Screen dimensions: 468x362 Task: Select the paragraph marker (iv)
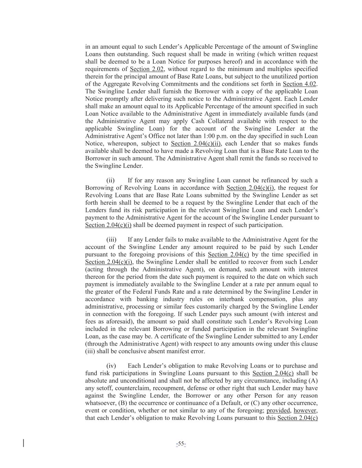tap(111, 366)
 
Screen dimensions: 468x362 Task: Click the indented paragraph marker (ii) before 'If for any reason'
tap(110, 180)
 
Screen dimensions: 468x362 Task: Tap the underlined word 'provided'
tap(278, 410)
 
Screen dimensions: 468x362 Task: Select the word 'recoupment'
tap(171, 388)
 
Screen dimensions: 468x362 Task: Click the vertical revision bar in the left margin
tap(23, 443)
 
